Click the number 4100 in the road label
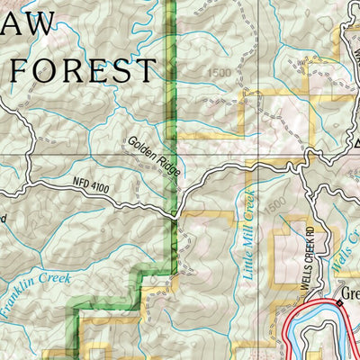coord(100,187)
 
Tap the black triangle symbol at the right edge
coord(356,143)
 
